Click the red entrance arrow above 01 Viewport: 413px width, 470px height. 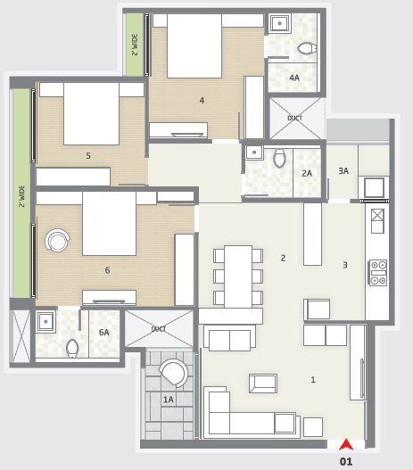346,444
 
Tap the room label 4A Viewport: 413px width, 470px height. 294,78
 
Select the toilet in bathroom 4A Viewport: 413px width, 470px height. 307,48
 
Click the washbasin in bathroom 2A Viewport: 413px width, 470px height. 254,153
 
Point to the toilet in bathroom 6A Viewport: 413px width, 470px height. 72,348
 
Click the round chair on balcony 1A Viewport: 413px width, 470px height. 174,372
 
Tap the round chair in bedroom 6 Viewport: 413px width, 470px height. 57,240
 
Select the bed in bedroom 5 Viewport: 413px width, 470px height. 92,113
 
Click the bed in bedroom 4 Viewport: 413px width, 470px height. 194,45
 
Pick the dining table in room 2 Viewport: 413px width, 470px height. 238,276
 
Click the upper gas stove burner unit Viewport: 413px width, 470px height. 378,265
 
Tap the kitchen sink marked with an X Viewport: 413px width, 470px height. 377,221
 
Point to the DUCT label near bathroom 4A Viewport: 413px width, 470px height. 295,118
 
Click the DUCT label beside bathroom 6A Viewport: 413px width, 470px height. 159,329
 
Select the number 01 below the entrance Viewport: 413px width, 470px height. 346,461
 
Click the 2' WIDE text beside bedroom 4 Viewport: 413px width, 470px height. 135,45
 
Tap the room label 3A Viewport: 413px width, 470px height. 343,171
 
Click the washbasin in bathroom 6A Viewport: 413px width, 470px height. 45,322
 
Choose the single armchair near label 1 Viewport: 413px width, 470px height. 263,383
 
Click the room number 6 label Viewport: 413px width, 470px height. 107,270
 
